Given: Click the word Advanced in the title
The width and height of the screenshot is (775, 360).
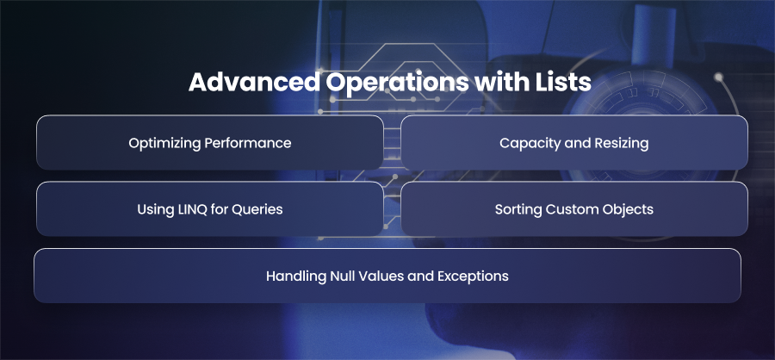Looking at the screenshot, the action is click(254, 83).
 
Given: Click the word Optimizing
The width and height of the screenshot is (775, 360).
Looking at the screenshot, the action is click(164, 144).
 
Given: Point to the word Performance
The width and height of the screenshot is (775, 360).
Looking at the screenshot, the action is click(248, 143).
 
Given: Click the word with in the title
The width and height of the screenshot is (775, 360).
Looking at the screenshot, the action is click(502, 83).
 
